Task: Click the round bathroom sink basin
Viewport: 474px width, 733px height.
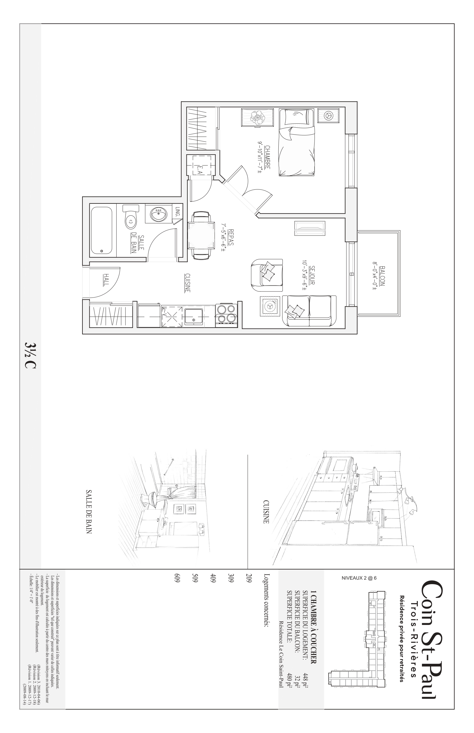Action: [x=159, y=214]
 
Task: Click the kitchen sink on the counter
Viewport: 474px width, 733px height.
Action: [x=194, y=316]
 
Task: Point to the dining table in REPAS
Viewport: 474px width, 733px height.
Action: [x=201, y=235]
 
